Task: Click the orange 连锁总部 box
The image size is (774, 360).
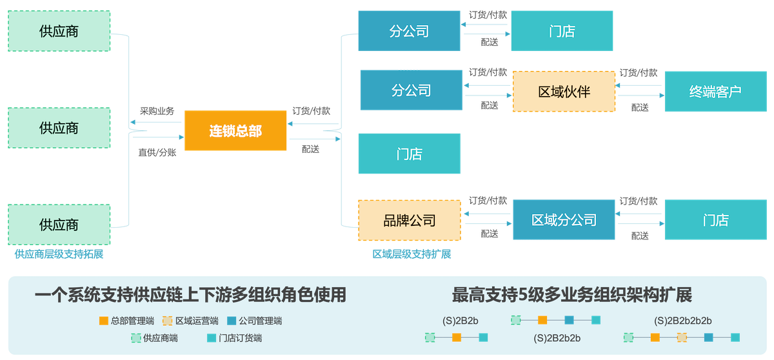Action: click(235, 131)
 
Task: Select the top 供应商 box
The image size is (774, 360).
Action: click(59, 31)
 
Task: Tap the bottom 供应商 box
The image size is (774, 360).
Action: click(59, 225)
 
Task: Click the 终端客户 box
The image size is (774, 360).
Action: click(715, 92)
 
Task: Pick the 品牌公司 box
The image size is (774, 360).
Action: click(410, 221)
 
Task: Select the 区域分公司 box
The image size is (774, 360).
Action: click(564, 220)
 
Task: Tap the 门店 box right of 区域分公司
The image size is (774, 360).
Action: click(715, 220)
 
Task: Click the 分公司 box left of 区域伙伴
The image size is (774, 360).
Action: click(411, 90)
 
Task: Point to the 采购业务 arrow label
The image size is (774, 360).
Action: click(157, 111)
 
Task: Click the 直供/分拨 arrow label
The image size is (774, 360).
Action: click(157, 153)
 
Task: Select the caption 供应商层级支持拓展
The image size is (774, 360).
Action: click(59, 254)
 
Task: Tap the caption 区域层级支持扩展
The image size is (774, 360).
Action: click(412, 254)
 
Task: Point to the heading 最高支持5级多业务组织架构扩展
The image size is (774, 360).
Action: click(572, 295)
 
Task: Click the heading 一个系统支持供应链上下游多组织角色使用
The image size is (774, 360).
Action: click(190, 295)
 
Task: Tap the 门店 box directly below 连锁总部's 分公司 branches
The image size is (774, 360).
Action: click(410, 154)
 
